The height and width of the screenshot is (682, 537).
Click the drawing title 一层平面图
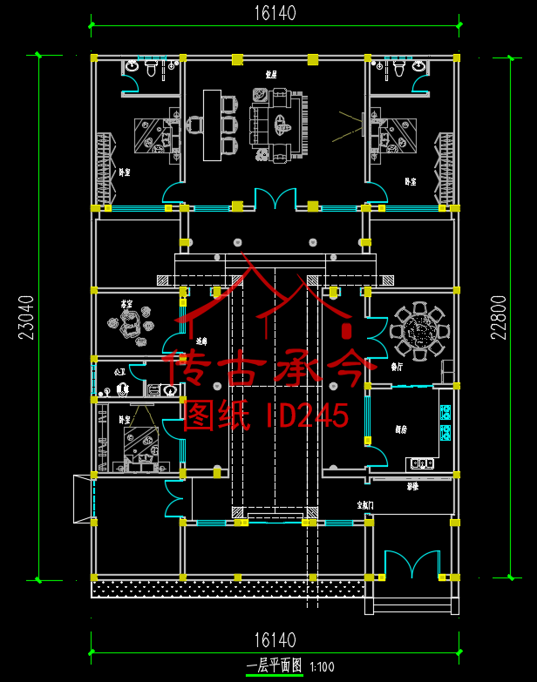point(274,665)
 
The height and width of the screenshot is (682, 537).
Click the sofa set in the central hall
point(278,126)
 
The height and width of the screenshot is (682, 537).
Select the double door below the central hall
point(275,199)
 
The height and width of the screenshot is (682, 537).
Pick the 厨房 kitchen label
point(400,430)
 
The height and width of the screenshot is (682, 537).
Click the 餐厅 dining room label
point(397,367)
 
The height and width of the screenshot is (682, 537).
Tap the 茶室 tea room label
point(127,304)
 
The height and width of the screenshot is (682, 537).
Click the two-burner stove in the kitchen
point(423,463)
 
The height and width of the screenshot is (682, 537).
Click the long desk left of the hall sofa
point(210,125)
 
